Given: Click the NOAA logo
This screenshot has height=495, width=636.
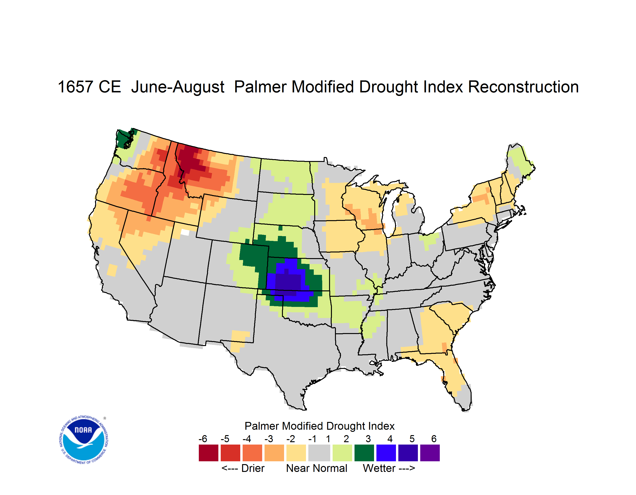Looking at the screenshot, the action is tap(84, 440).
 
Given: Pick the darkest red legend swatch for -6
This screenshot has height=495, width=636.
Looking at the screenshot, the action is tap(208, 453).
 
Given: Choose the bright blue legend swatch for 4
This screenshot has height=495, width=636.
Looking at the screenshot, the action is tap(386, 453).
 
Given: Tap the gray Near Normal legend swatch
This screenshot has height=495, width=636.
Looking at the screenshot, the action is tap(319, 453).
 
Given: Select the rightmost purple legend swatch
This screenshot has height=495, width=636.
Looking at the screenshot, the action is tap(430, 453).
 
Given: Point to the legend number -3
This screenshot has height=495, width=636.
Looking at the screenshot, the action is tap(269, 439).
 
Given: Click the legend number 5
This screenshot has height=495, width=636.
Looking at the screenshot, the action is tap(412, 439).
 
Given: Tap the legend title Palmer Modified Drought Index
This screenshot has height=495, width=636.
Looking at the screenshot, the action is tap(319, 426).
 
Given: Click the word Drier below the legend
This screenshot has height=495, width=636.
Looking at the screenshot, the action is tap(253, 468).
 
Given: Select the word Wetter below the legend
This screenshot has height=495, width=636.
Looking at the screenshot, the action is tap(379, 468).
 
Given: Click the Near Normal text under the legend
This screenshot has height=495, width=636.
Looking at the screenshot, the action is tap(317, 468).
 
